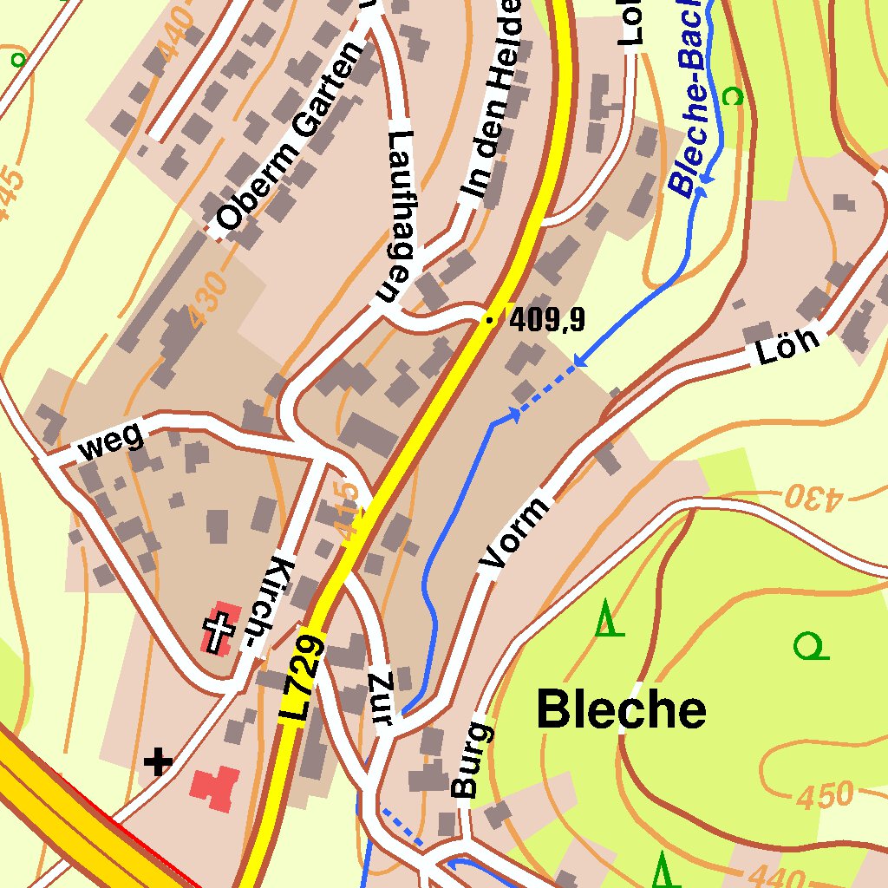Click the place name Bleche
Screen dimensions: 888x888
[621, 710]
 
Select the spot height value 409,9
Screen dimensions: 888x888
[547, 321]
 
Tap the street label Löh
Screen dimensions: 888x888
[787, 346]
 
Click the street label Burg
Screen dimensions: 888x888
[472, 759]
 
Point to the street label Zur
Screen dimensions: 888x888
[382, 697]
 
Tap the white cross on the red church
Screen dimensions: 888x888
[219, 629]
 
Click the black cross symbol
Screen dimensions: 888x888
[158, 762]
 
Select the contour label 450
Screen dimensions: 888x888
[825, 795]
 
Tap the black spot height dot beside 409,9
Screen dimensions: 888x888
[490, 321]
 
